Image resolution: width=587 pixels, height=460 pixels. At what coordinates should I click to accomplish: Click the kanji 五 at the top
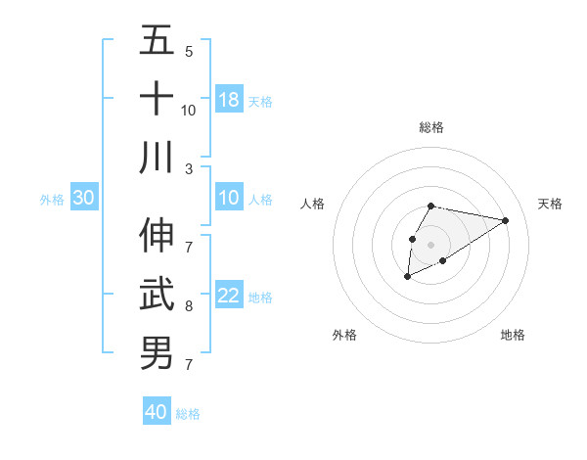coord(157,42)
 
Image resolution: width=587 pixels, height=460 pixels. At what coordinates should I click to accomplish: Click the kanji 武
coord(157,294)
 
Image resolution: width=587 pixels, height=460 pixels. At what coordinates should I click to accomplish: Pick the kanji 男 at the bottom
coord(157,352)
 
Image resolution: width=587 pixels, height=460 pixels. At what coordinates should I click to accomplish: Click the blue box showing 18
coord(229,99)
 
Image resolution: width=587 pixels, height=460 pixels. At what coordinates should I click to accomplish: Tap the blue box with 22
coord(229,297)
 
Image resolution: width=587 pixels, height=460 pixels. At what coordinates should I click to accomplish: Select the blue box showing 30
coord(84,198)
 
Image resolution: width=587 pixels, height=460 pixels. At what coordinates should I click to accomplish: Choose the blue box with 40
coord(157,412)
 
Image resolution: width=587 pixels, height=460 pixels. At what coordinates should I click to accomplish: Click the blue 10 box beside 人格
coord(229,198)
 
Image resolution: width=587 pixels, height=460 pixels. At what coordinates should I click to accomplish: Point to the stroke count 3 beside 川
coord(189,168)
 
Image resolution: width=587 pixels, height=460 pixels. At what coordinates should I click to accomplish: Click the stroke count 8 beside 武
coord(189,305)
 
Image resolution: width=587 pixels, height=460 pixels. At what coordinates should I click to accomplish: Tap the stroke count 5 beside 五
coord(189,51)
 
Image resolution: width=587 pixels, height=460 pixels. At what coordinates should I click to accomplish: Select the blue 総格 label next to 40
coord(188,414)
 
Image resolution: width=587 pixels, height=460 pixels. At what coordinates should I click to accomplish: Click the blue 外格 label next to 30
coord(52,200)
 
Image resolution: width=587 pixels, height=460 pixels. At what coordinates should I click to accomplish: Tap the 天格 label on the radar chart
coord(551,204)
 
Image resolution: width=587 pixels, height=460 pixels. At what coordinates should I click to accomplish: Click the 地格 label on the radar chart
coord(513,335)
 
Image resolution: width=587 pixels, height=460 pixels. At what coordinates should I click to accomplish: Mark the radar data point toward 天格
coord(506,220)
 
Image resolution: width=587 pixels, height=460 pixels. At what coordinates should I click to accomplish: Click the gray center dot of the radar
coord(431,244)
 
